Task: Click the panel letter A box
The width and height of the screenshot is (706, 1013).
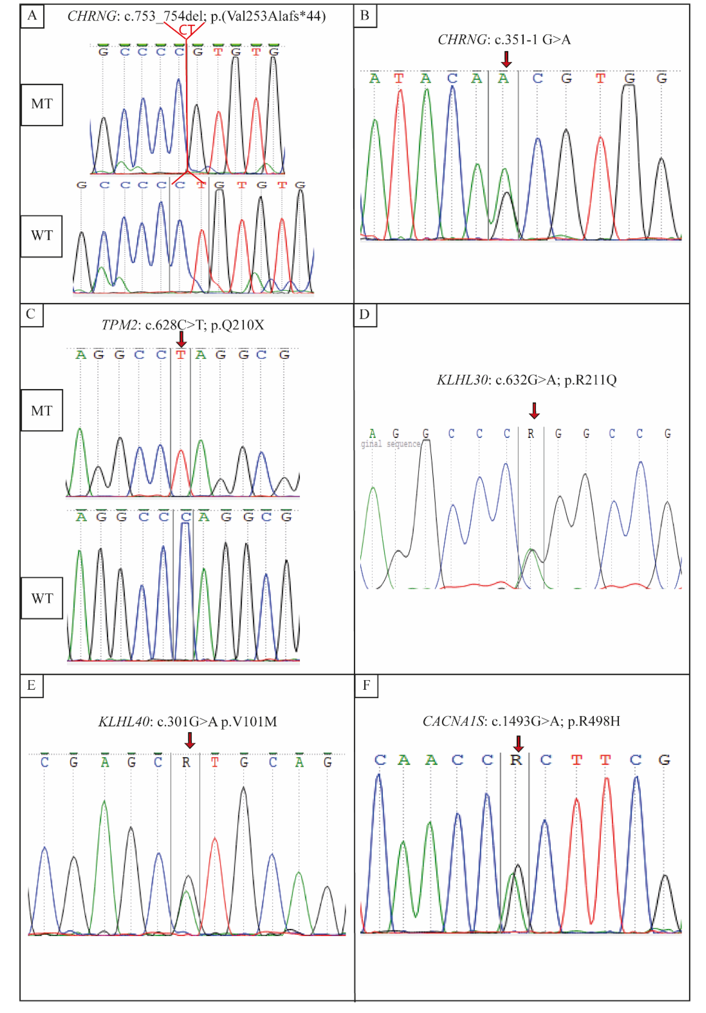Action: click(32, 16)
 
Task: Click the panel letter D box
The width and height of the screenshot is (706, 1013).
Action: click(365, 314)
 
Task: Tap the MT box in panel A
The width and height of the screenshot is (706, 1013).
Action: click(42, 104)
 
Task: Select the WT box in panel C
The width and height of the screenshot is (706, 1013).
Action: click(42, 598)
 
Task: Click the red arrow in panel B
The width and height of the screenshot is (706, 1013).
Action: click(507, 59)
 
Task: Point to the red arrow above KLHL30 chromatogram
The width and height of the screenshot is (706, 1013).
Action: click(534, 410)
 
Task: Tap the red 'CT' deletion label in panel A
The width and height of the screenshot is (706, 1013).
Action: click(186, 30)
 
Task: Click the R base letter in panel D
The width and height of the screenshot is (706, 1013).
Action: click(531, 434)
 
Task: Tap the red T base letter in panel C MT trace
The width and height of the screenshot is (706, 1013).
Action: click(180, 355)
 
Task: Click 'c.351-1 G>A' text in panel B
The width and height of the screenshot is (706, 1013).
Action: click(533, 40)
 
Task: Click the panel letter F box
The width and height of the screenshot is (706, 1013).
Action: click(366, 685)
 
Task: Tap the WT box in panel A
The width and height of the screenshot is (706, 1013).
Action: click(42, 236)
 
